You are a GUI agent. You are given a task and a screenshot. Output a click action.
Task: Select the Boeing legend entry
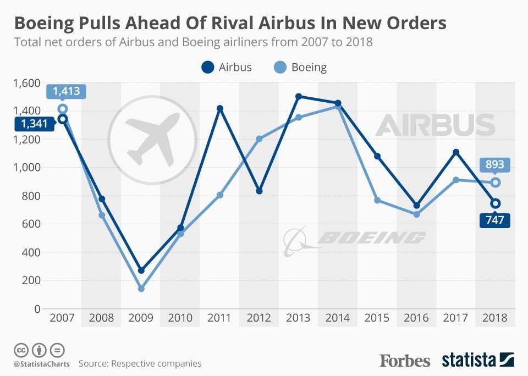coord(300,68)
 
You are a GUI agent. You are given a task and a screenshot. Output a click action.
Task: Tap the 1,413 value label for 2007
coord(67,91)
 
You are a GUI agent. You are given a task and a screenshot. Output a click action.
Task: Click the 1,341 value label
coord(35,124)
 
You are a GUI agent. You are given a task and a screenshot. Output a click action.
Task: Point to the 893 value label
coord(495,164)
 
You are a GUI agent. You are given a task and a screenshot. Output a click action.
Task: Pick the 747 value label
coord(495,220)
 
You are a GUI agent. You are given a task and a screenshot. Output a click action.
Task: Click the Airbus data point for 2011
coord(220,109)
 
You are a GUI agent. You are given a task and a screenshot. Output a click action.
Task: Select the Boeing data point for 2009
coord(141,289)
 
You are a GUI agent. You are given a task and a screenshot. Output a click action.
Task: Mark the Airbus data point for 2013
coord(299,96)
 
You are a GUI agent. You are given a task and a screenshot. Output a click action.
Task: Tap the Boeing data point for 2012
coord(259,139)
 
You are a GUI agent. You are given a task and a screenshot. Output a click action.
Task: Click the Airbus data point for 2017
coord(456,152)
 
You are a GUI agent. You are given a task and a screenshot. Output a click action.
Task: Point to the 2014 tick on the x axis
coord(338,318)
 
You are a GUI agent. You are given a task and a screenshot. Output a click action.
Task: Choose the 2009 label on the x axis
coord(141,318)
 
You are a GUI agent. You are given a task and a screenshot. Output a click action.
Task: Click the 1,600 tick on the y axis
coord(27,83)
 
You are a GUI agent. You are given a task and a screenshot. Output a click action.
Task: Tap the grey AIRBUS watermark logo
coord(435,125)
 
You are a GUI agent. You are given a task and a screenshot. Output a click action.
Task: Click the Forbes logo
coord(405,361)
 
